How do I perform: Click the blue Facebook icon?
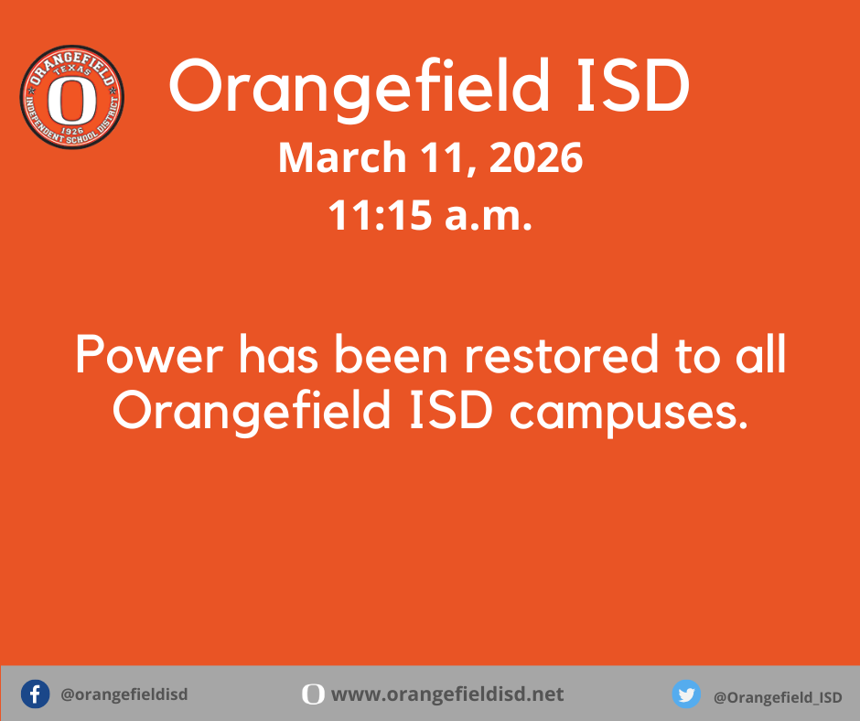35,694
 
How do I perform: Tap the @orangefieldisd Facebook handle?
124,694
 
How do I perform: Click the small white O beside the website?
313,694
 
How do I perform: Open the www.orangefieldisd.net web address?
447,694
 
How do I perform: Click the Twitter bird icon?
686,694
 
